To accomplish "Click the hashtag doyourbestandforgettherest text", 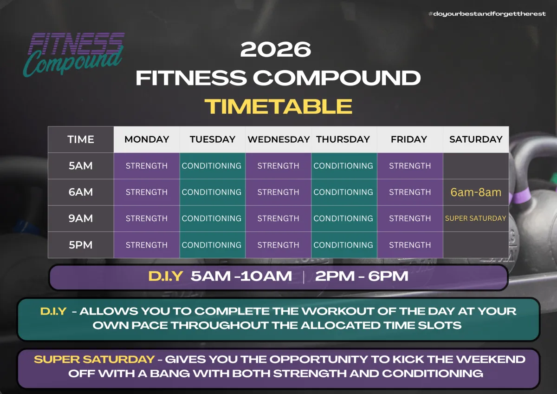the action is (487, 13).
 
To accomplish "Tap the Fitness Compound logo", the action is (74, 54).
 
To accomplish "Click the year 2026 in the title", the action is (276, 49).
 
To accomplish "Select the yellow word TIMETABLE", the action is (278, 106).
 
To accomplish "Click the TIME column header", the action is (81, 139).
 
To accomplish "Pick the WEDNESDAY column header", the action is (278, 139).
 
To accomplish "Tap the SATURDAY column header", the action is (476, 139).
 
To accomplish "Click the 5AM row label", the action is (81, 166).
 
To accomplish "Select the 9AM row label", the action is (81, 218).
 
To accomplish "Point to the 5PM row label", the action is (81, 245).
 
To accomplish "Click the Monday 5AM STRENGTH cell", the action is (147, 166).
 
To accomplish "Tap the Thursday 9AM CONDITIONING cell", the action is (344, 218).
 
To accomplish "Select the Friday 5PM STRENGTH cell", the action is (410, 245).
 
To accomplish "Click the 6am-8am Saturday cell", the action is (476, 192).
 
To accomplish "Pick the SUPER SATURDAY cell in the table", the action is (476, 218).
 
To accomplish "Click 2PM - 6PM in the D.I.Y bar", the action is (362, 276).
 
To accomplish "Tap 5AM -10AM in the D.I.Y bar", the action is (241, 276).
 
